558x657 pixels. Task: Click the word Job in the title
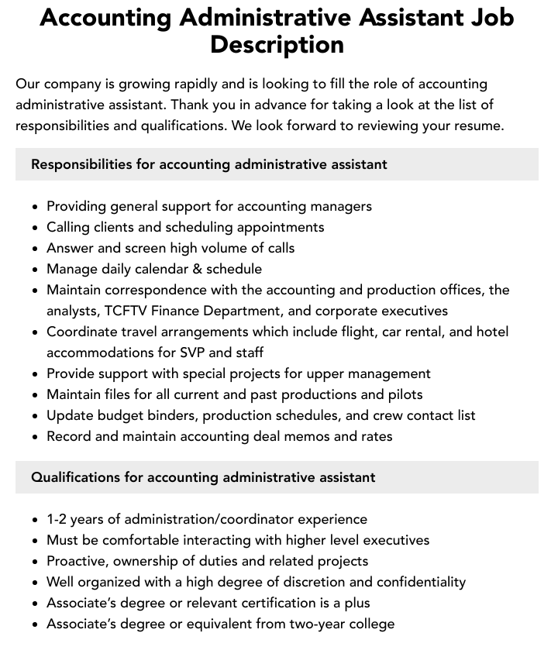(484, 17)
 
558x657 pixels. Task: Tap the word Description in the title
(277, 44)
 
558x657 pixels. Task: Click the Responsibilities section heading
(208, 164)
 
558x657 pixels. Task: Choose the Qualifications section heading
(203, 477)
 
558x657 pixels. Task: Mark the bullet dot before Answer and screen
(35, 249)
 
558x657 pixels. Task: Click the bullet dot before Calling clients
(35, 228)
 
